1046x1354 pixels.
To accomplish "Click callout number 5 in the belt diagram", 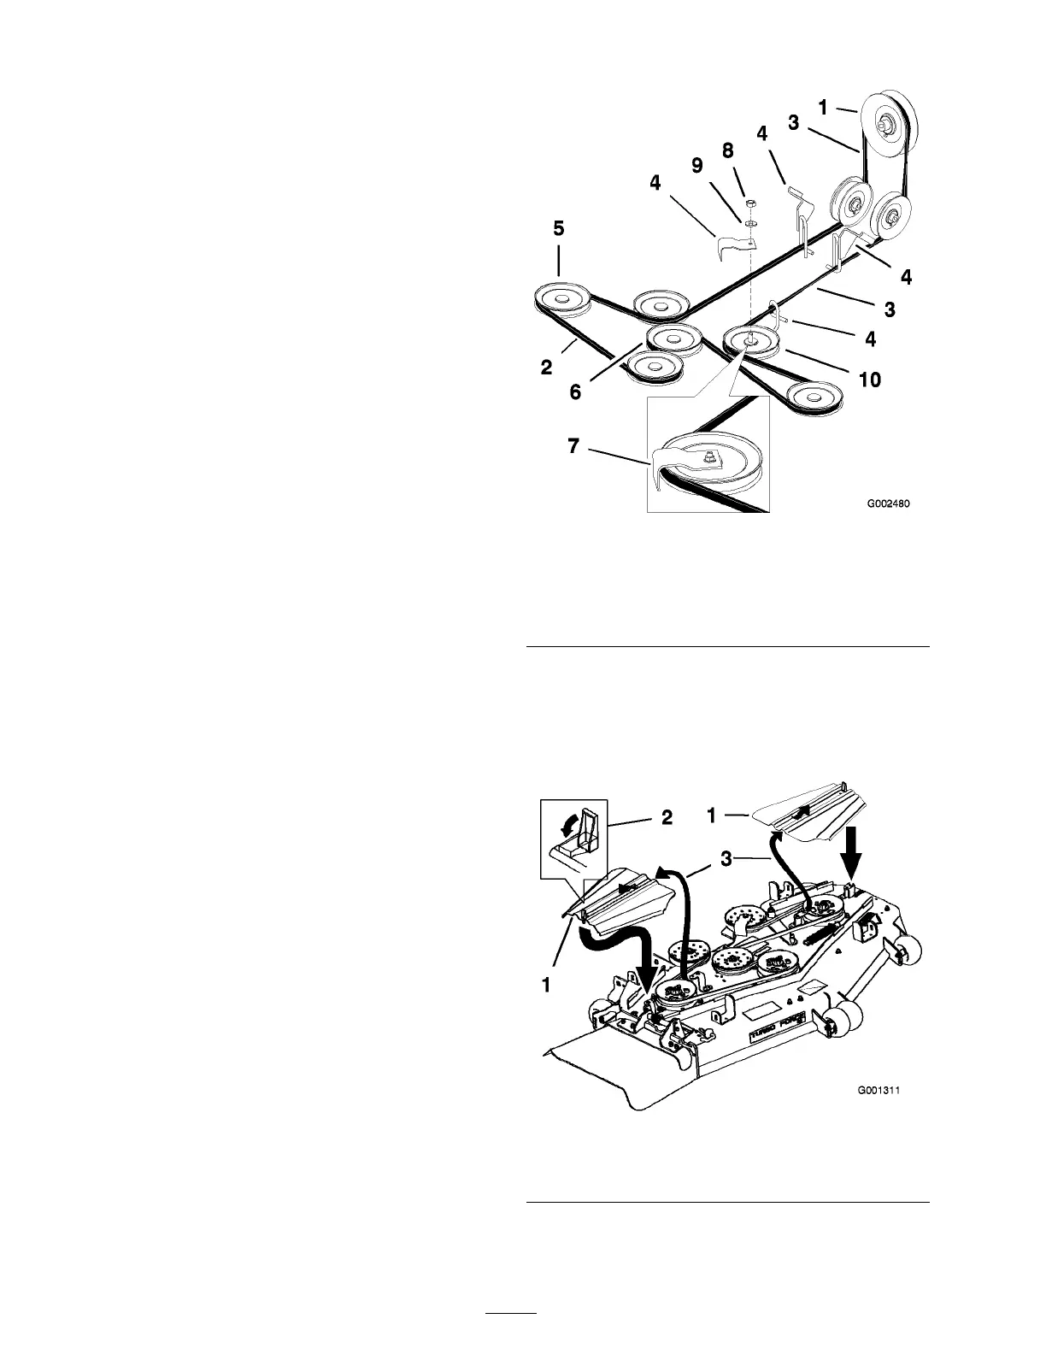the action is [x=557, y=230].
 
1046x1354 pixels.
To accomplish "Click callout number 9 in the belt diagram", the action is [x=698, y=165].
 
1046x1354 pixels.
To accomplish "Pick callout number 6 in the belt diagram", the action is [x=575, y=391].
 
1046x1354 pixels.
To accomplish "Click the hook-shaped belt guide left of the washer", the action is [x=732, y=241].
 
